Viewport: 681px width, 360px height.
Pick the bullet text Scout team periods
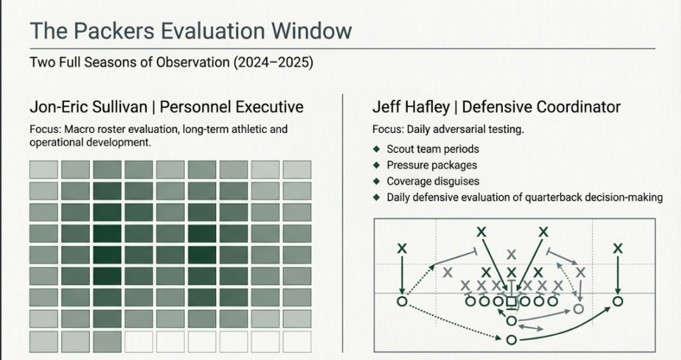(432, 149)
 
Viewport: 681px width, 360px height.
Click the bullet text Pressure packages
(432, 165)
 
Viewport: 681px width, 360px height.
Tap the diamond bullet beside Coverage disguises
(377, 181)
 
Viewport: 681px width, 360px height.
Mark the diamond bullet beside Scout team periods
(377, 149)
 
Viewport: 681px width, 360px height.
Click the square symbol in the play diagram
(511, 301)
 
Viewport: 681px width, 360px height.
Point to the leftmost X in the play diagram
(402, 248)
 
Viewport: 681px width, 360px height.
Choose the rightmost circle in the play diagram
(618, 301)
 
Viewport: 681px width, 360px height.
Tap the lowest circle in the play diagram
(511, 340)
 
